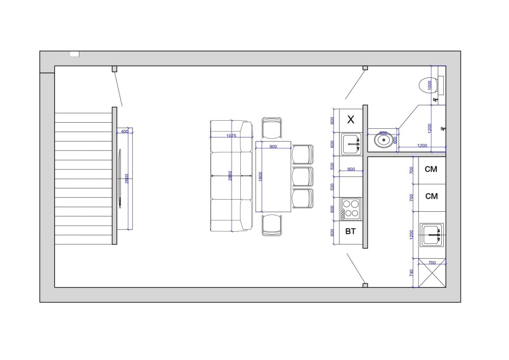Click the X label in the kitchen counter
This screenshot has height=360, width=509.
351,120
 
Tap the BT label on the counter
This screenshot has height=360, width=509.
351,232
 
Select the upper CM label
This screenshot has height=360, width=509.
431,169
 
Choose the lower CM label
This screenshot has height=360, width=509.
431,196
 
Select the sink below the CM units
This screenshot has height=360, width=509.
431,235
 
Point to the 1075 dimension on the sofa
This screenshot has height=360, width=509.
231,135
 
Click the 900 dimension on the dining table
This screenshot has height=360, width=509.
273,147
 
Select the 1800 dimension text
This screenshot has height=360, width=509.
261,177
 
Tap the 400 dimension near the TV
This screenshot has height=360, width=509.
125,131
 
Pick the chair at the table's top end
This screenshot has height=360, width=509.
272,127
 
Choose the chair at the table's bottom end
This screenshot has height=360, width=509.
272,225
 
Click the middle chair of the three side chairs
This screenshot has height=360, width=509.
302,176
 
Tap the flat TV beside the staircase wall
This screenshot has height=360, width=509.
120,178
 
